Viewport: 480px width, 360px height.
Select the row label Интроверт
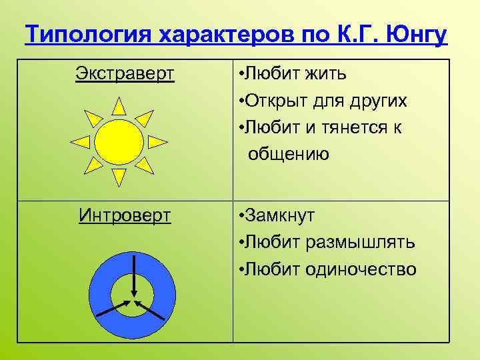coord(125,215)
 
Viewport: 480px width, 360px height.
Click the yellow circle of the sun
coord(119,141)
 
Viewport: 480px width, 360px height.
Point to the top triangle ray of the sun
coord(119,106)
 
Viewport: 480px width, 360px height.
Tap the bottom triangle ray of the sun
coord(119,176)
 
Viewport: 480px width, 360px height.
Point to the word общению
coord(288,154)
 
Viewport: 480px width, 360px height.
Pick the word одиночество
coord(361,269)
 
